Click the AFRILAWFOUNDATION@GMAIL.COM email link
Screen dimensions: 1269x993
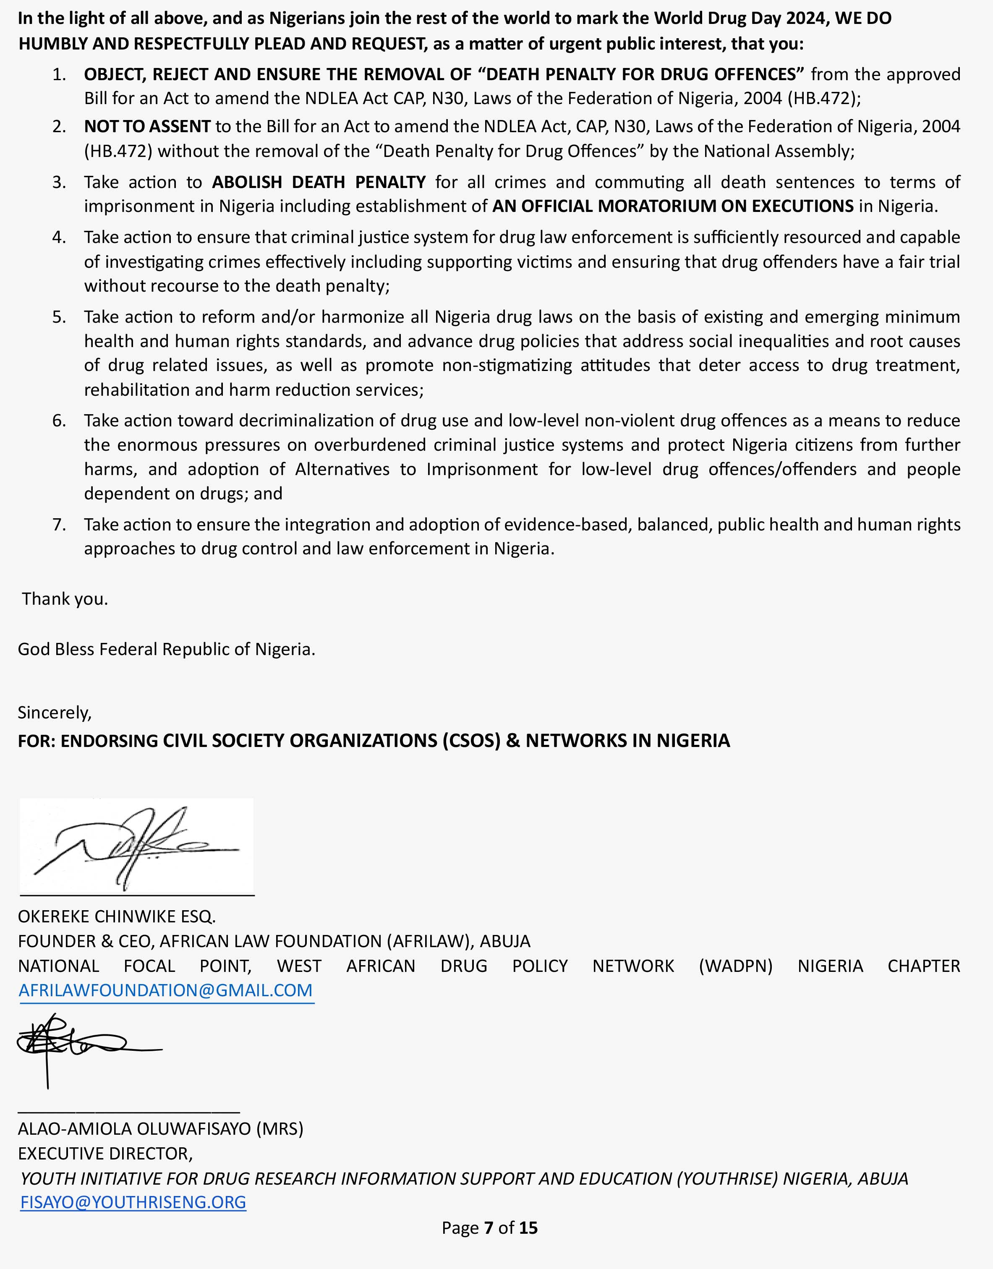point(166,990)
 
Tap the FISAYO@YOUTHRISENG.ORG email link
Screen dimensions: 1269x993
point(133,1201)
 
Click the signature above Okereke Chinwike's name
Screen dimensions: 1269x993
point(137,846)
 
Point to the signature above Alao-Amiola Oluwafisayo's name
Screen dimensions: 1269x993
point(87,1046)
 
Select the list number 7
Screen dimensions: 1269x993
point(59,524)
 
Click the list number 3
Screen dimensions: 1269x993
point(59,182)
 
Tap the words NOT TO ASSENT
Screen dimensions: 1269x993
point(147,126)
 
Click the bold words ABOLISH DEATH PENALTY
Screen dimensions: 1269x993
point(319,182)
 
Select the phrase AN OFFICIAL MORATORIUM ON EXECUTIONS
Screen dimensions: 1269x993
point(673,206)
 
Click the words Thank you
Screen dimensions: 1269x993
point(65,599)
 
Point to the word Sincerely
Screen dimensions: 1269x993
point(55,712)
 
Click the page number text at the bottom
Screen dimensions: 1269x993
point(489,1228)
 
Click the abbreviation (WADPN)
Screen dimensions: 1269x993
point(735,966)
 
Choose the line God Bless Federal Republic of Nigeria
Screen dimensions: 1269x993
point(166,649)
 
